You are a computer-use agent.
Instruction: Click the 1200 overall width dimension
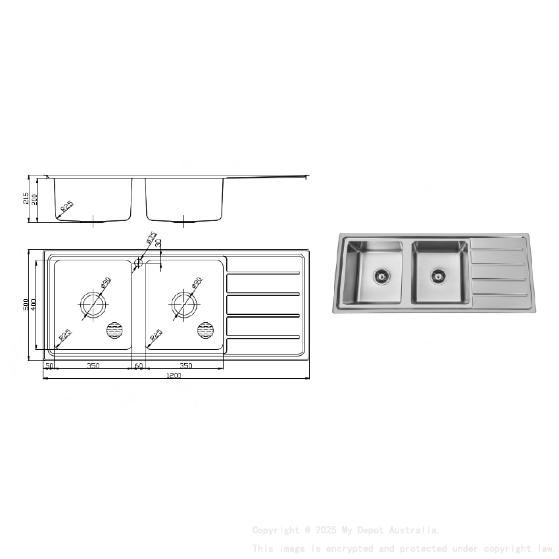[174, 376]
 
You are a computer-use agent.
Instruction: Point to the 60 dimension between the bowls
[139, 366]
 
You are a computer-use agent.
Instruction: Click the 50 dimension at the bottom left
[49, 366]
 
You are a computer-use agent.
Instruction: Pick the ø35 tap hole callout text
[151, 237]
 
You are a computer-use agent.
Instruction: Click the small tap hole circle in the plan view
[138, 263]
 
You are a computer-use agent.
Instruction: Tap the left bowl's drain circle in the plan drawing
[93, 304]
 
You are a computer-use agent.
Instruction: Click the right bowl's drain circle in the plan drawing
[184, 304]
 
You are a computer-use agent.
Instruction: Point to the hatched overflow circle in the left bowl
[115, 330]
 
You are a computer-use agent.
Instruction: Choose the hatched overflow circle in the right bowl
[206, 330]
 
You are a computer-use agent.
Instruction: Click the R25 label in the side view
[66, 208]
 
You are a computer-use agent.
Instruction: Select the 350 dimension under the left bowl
[93, 366]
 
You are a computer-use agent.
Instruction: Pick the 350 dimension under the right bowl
[185, 366]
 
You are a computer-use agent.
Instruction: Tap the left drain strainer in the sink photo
[381, 276]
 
